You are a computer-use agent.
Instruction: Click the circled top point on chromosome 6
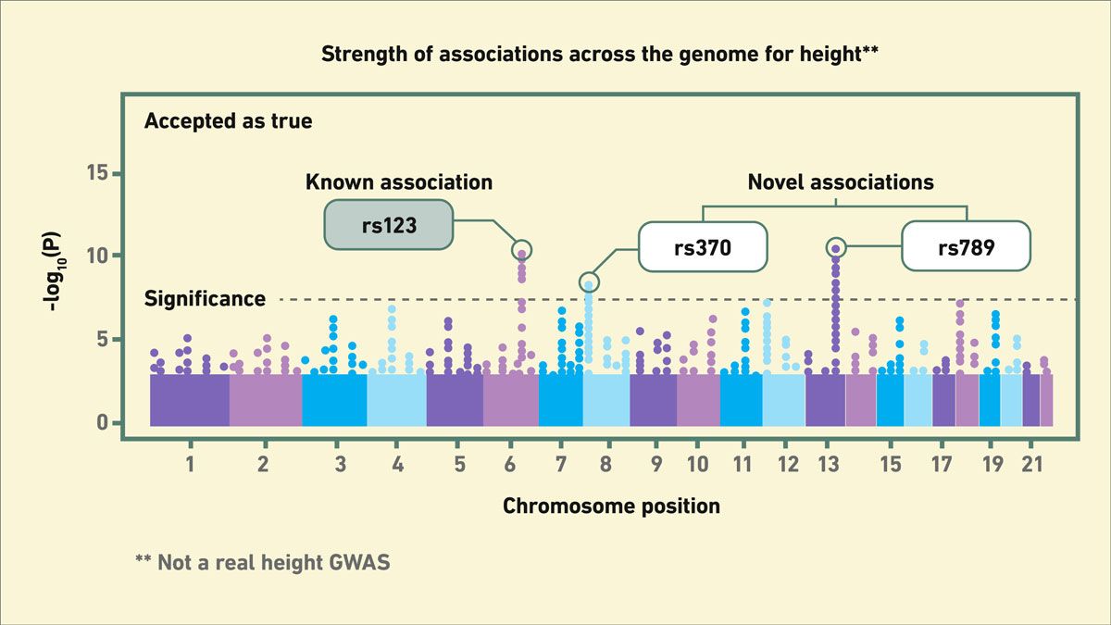(x=521, y=250)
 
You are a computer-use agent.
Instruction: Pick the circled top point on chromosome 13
(x=835, y=247)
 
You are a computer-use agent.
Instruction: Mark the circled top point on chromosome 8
(x=589, y=281)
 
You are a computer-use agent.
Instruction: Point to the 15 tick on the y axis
(x=96, y=173)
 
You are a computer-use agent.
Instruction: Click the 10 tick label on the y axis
(x=96, y=256)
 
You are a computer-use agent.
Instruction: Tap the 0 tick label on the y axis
(x=103, y=423)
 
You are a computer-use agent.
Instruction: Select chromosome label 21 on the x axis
(x=1031, y=463)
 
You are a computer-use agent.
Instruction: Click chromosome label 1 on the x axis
(x=190, y=463)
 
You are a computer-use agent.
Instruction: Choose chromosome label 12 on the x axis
(x=788, y=463)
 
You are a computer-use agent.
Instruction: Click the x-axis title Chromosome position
(x=611, y=506)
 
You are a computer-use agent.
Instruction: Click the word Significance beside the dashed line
(x=205, y=299)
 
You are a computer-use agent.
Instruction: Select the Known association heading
(x=399, y=181)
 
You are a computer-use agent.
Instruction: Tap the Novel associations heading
(x=841, y=181)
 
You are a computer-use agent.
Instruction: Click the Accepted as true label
(x=228, y=121)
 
